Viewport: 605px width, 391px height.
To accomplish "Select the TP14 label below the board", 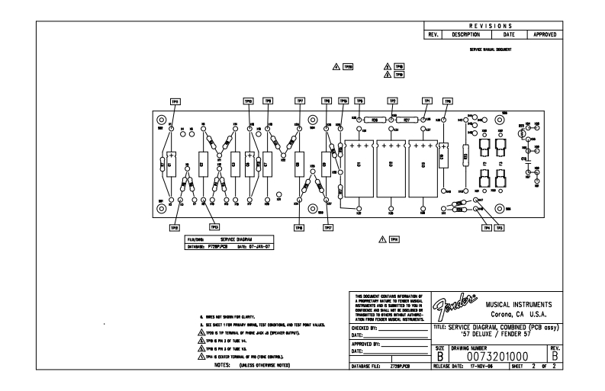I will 394,239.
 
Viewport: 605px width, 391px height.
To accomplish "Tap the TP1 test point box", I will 427,101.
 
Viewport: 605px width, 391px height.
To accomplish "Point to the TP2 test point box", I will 393,101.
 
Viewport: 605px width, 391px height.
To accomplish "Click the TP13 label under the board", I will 214,226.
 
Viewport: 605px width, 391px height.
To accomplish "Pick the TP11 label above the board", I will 175,101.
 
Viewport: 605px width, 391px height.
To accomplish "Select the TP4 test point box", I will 486,226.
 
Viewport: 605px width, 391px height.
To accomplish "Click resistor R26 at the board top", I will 375,120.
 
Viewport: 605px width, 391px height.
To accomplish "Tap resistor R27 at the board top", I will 406,120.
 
